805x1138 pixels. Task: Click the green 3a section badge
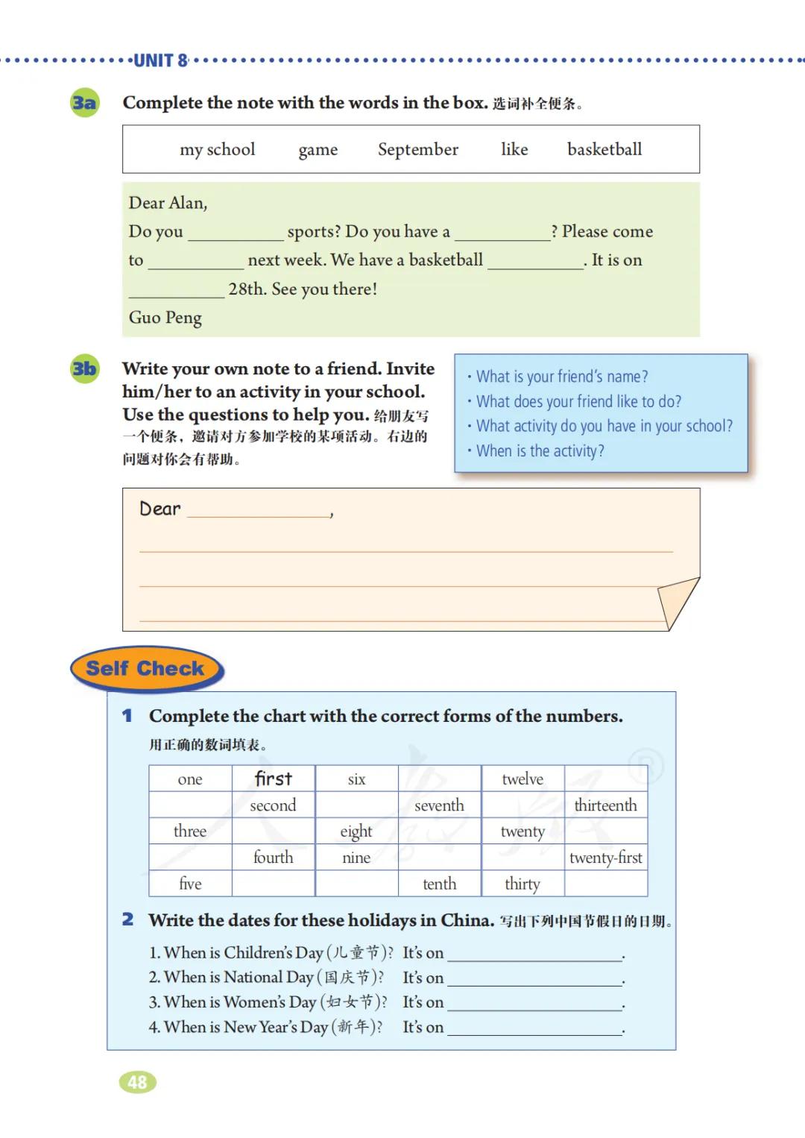84,102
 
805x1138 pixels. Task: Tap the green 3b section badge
84,368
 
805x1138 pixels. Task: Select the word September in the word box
417,150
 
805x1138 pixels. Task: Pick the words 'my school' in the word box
217,150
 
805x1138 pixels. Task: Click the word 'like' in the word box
514,149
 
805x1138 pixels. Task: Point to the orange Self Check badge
146,669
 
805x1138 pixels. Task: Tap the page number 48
138,1082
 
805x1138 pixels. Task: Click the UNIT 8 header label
161,61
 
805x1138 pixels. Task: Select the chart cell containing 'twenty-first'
605,858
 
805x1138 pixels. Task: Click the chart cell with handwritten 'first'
273,779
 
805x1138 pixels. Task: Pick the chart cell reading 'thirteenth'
605,805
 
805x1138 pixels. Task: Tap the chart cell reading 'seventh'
439,805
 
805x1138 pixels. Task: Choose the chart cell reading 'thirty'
522,884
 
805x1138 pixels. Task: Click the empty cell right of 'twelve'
605,779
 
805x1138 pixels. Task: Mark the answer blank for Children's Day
534,953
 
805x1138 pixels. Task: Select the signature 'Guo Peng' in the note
165,318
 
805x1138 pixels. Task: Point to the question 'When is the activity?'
540,451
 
